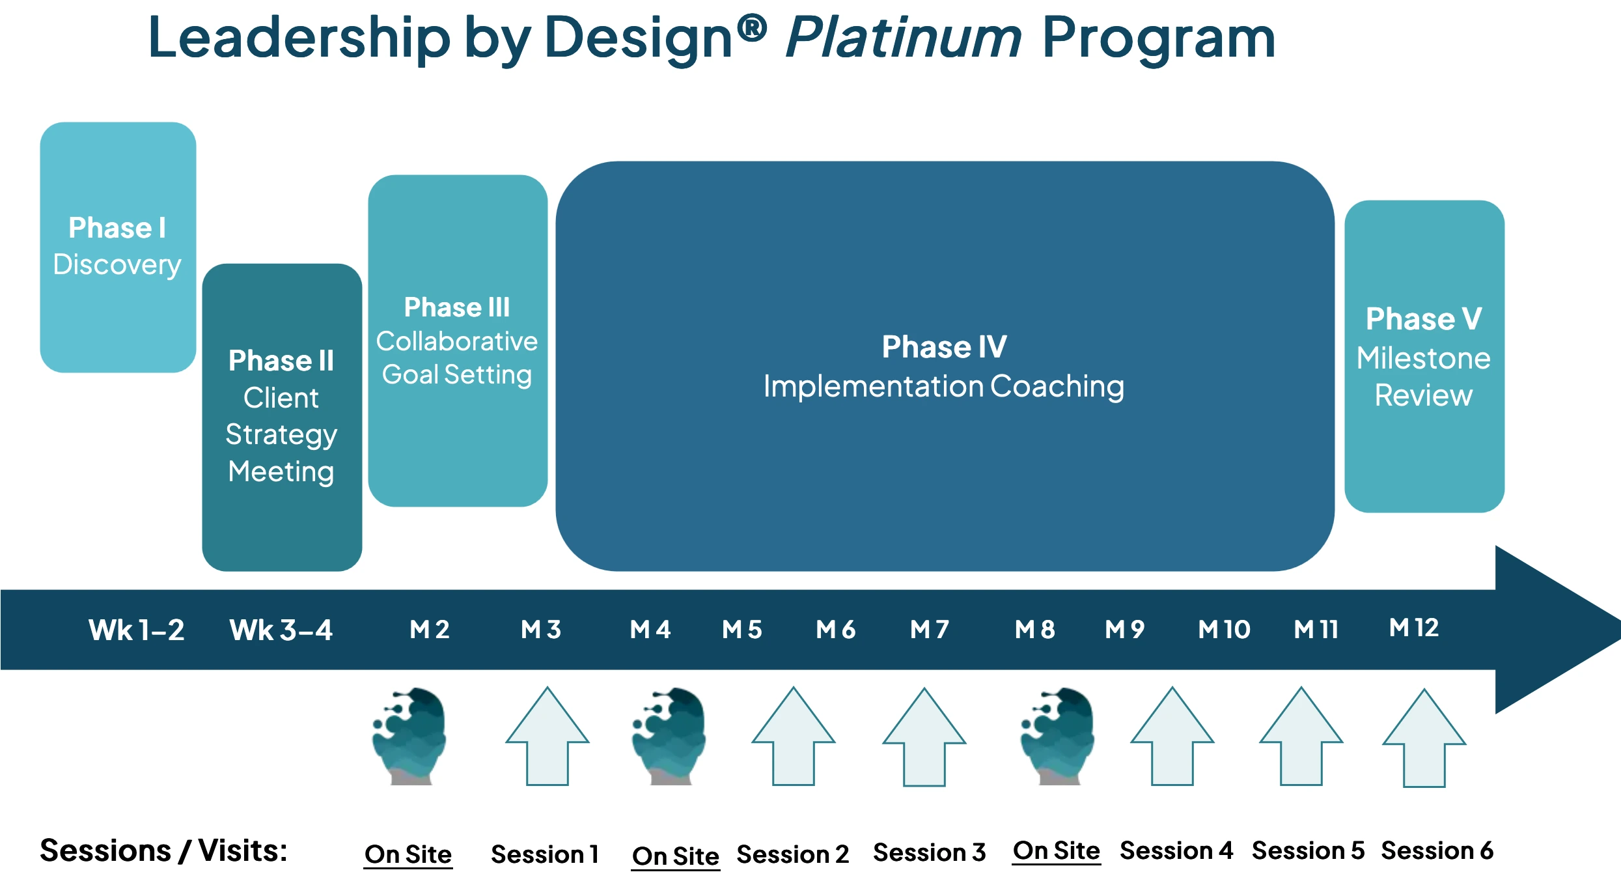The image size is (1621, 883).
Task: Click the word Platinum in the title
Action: tap(904, 38)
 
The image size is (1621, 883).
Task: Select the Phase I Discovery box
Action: tap(118, 247)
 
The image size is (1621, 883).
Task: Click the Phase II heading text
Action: tap(281, 360)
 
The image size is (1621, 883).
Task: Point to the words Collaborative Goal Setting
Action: tap(457, 357)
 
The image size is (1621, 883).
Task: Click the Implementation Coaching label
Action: tap(943, 386)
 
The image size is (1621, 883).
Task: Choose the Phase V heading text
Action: tap(1424, 318)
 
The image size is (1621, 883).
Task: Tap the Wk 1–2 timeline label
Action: tap(137, 630)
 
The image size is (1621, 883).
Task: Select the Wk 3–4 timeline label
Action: tap(281, 630)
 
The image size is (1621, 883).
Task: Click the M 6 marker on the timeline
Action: tap(836, 629)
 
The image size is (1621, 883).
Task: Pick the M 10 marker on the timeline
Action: tap(1224, 629)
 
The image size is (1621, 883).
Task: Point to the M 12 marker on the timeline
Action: tap(1414, 628)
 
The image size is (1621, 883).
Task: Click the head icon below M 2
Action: tap(409, 736)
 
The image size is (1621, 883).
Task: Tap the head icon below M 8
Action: tap(1057, 736)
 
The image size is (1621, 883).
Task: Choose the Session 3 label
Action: tap(929, 852)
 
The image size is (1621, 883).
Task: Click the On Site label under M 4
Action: tap(675, 856)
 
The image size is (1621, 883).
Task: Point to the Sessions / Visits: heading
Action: tap(163, 850)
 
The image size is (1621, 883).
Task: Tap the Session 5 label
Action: tap(1308, 850)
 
